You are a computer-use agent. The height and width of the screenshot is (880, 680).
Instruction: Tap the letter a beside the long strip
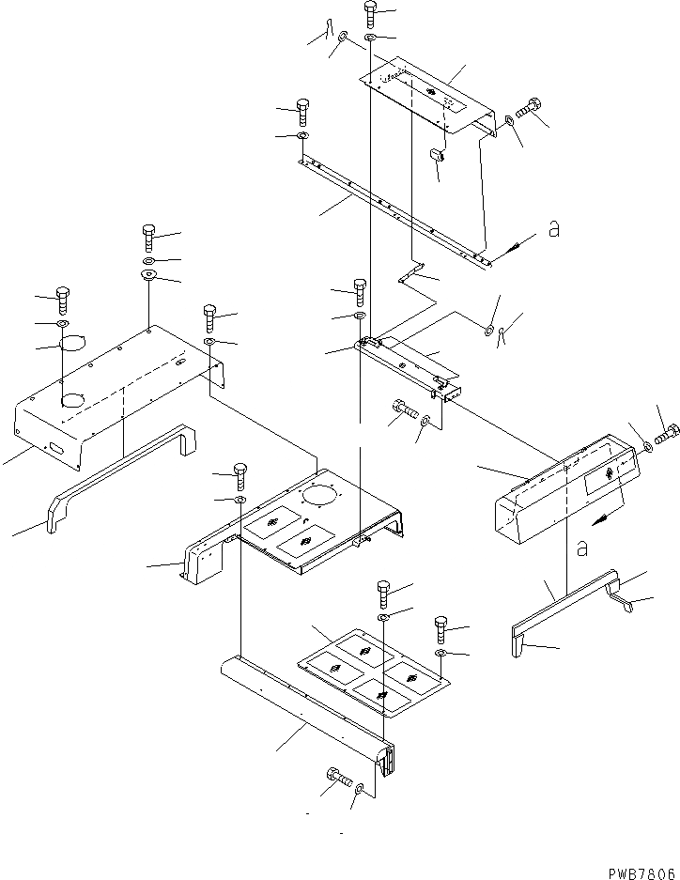point(554,229)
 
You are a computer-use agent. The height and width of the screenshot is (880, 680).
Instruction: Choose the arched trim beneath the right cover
point(564,615)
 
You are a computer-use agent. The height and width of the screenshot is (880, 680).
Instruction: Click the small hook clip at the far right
point(622,598)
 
